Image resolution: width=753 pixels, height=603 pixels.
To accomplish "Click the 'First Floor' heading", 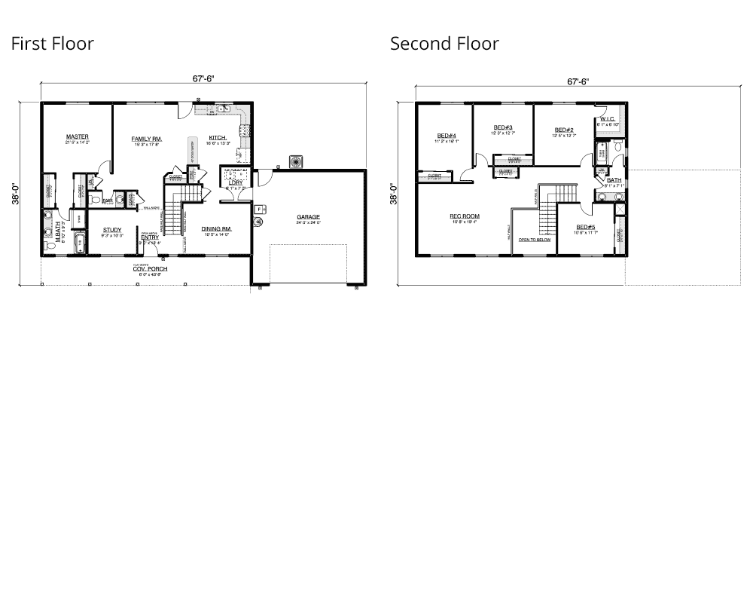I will (52, 44).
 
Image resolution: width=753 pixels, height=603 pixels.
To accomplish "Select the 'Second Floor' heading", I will (444, 44).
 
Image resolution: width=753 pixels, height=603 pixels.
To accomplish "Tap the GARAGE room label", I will (308, 217).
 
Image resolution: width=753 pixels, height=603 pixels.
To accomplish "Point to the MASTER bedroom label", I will (77, 137).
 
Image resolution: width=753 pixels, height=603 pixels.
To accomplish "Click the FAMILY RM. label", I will (147, 139).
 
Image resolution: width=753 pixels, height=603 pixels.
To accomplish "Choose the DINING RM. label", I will (216, 228).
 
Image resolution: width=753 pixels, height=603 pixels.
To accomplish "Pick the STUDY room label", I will (112, 230).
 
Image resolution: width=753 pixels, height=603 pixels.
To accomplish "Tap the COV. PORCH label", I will (151, 269).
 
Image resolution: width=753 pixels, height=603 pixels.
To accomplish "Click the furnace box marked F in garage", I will (258, 209).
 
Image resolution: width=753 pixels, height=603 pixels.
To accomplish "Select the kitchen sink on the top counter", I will (223, 109).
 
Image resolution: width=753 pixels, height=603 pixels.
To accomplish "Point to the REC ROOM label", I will (465, 216).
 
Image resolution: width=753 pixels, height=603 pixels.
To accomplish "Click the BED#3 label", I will (503, 127).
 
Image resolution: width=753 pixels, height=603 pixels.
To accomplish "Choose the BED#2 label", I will (564, 130).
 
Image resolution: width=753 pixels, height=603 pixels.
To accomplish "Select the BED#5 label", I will (586, 227).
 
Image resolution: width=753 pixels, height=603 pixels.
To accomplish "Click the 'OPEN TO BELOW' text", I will (534, 240).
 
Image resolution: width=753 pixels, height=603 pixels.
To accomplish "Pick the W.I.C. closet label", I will (607, 119).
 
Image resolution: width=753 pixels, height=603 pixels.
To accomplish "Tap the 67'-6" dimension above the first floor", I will (203, 79).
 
